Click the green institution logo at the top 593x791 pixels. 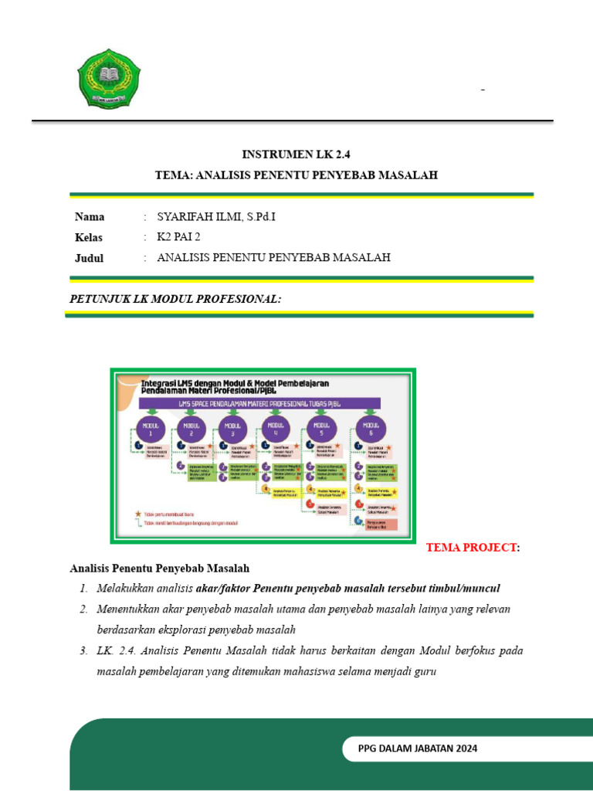pyautogui.click(x=110, y=78)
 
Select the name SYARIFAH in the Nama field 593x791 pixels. pyautogui.click(x=184, y=216)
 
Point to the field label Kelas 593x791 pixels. pyautogui.click(x=89, y=237)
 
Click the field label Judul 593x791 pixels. pyautogui.click(x=89, y=258)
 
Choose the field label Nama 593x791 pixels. pyautogui.click(x=90, y=216)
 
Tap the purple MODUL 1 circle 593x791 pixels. pyautogui.click(x=151, y=429)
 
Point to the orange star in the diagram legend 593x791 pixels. pyautogui.click(x=138, y=513)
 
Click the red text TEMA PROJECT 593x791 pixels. pyautogui.click(x=471, y=548)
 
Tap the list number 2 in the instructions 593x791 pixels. pyautogui.click(x=83, y=609)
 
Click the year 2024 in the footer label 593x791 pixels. pyautogui.click(x=465, y=748)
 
